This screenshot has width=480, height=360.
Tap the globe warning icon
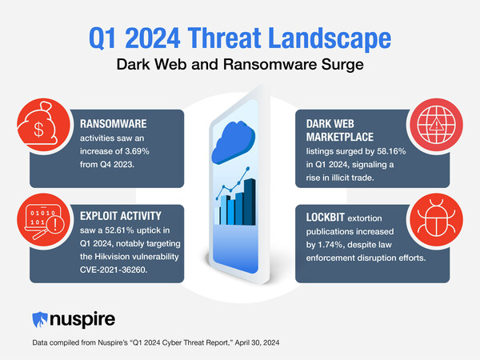coord(436,125)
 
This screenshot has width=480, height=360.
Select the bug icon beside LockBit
coord(436,220)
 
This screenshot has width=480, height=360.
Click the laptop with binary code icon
coord(44,221)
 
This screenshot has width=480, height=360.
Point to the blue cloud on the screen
coord(234,142)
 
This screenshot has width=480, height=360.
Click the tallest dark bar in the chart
coord(250,202)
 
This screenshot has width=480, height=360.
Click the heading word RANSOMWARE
coord(114,124)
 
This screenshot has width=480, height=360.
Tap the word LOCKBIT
coord(326,218)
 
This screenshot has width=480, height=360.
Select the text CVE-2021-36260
coord(114,270)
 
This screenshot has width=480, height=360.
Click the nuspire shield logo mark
coord(40,319)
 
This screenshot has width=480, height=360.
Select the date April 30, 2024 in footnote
coord(257,342)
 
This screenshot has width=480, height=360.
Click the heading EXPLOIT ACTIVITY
coord(121,216)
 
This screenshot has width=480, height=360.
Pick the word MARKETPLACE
coord(340,137)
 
